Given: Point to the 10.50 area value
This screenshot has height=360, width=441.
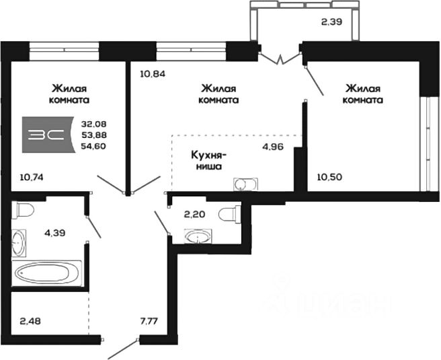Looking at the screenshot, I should coord(330,178).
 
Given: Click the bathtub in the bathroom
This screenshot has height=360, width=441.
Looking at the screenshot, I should coord(46,273).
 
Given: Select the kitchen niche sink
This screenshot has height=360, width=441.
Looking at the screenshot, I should coord(244,183).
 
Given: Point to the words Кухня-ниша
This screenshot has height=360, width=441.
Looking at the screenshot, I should coord(208,159).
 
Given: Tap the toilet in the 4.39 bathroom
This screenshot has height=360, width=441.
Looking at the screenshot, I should coord(24,210).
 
